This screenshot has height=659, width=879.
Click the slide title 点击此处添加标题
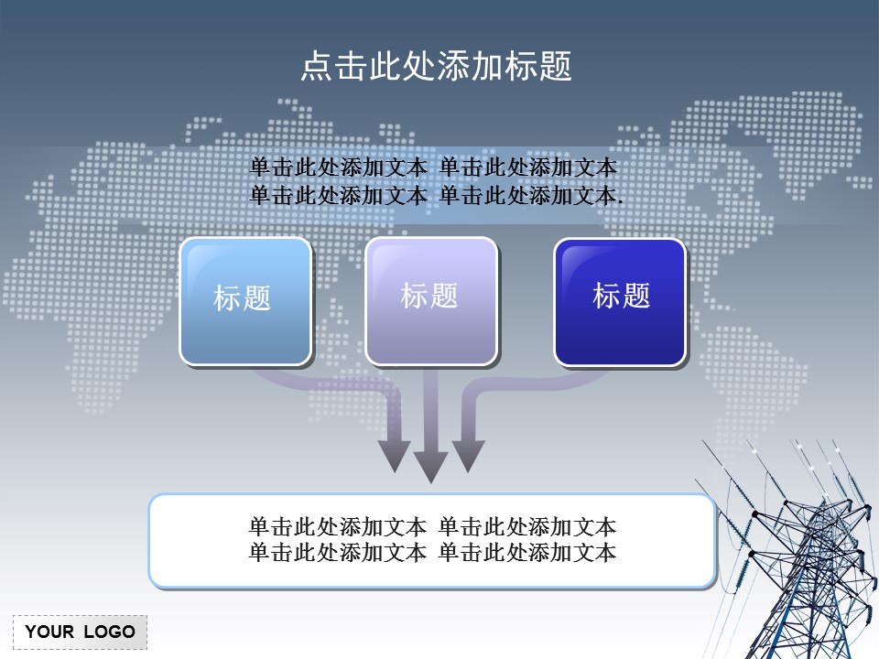(x=437, y=66)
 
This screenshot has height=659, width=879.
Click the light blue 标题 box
(x=245, y=302)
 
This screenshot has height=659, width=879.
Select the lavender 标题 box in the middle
(x=431, y=301)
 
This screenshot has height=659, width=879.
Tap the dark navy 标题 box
(x=620, y=302)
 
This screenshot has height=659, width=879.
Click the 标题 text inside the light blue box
(x=243, y=297)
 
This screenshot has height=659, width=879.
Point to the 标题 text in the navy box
(x=622, y=296)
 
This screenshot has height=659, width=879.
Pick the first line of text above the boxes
(x=433, y=168)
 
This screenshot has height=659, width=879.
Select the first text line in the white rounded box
(x=432, y=527)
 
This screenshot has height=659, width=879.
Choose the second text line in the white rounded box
(x=432, y=553)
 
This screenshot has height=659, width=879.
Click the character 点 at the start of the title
(x=314, y=66)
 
